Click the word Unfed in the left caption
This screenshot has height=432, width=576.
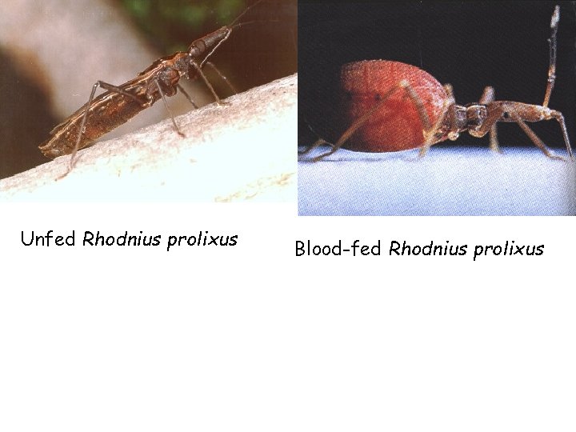point(48,239)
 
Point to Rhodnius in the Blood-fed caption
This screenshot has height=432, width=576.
point(427,249)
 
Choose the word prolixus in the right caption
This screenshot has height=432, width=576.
point(508,250)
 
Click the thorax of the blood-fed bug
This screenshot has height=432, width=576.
point(472,117)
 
